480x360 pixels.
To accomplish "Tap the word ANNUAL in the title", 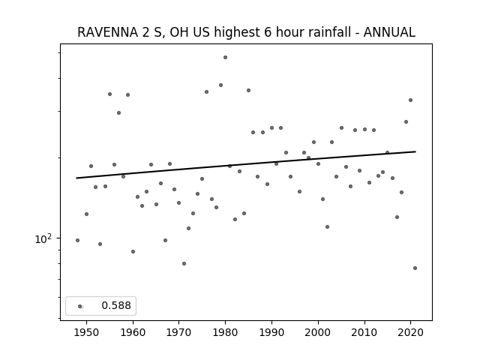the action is [389, 32].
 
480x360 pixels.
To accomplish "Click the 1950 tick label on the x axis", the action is [87, 332].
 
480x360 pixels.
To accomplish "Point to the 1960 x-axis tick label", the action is [133, 332].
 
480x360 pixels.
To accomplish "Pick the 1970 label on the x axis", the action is [179, 332].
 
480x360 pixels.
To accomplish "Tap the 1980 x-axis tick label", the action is [226, 332].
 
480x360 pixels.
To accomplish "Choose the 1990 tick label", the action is [271, 332].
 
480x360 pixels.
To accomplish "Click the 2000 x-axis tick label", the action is [318, 332].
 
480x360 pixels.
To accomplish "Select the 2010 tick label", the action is [364, 332].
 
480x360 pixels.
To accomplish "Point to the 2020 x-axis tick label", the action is [411, 332].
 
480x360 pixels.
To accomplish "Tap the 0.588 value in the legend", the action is [116, 305].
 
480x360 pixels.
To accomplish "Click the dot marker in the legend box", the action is [80, 306].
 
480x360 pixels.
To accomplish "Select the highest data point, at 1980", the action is [225, 57].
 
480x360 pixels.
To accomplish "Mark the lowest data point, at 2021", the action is [415, 268].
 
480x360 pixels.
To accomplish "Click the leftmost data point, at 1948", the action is [77, 240].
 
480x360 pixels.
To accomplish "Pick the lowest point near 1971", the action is [184, 263].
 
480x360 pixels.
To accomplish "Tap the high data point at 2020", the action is [410, 100].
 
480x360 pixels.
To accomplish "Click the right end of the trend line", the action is [415, 151].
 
